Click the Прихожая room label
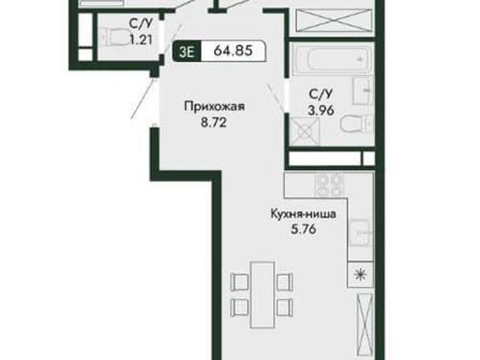(214, 106)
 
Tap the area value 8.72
(213, 122)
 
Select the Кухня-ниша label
(303, 214)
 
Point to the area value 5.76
(303, 229)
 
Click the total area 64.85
(233, 51)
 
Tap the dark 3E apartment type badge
(187, 52)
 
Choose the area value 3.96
(321, 110)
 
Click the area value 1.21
(142, 40)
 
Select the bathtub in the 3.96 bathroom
(332, 59)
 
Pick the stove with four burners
(329, 184)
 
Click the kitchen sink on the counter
(361, 232)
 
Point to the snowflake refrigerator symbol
(360, 274)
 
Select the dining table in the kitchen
(262, 295)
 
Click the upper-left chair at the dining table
(240, 282)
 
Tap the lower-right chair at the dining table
(284, 307)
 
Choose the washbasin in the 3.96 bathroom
(363, 91)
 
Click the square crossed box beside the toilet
(304, 131)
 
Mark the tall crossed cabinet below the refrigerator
(365, 325)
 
